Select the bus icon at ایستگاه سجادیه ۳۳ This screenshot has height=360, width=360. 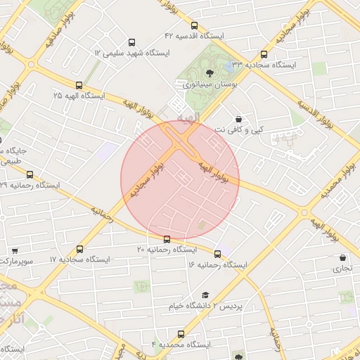(x=264, y=54)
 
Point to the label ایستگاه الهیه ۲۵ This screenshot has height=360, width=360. (x=78, y=95)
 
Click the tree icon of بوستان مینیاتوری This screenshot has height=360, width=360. (x=209, y=73)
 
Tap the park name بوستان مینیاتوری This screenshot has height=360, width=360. (x=210, y=84)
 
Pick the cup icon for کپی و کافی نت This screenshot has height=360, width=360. (x=240, y=119)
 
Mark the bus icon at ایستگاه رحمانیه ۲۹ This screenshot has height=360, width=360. (x=30, y=174)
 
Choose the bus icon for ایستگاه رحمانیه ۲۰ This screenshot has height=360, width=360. (x=167, y=239)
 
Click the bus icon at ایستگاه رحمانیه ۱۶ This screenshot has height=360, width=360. (x=217, y=254)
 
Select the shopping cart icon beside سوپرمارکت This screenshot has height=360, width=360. (x=15, y=250)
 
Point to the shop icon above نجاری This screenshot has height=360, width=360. (x=342, y=258)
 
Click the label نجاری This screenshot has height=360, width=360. (x=342, y=269)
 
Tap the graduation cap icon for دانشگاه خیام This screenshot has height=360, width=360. (x=205, y=295)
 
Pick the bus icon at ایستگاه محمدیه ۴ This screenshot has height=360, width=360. (x=181, y=334)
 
